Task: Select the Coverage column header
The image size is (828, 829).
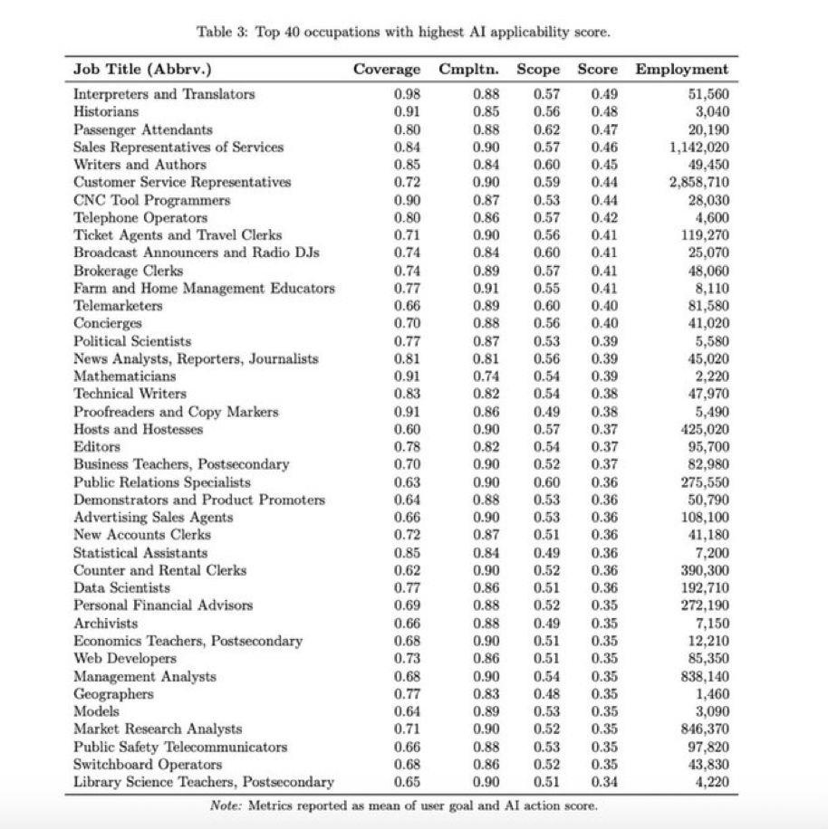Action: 387,70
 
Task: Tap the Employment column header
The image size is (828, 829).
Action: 681,70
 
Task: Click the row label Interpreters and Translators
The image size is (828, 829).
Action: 164,94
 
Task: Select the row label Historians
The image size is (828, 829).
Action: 106,111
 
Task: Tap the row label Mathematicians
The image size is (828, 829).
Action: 125,376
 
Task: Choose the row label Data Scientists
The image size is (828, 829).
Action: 121,587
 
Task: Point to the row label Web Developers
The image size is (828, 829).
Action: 125,658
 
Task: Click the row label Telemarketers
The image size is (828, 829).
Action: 118,306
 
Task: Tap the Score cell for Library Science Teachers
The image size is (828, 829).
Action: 604,782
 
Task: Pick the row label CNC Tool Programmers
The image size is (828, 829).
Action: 151,200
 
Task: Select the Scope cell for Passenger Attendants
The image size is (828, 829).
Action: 546,129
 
